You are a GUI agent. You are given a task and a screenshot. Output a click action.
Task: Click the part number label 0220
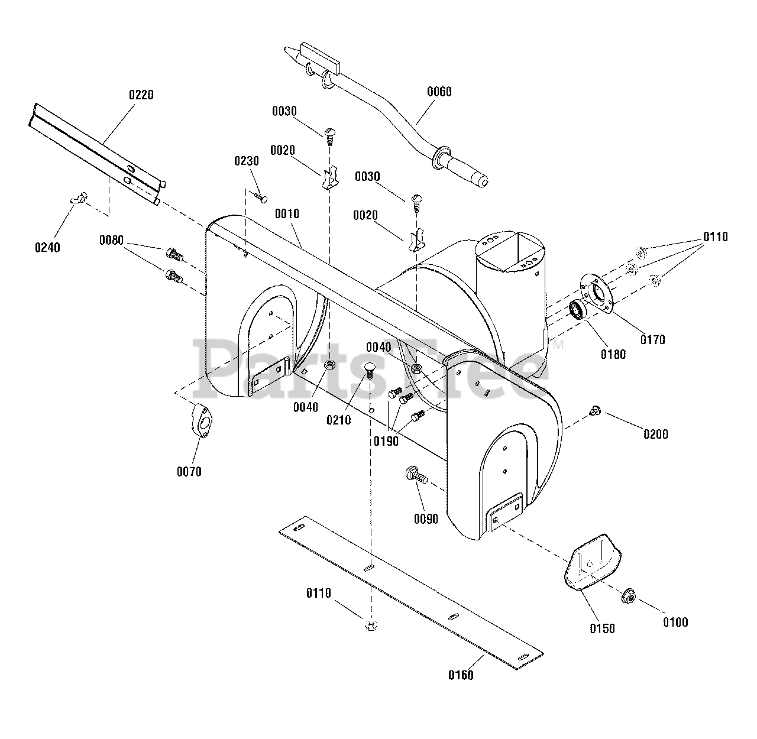point(141,95)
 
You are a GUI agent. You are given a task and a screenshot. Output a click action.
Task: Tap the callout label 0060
point(439,92)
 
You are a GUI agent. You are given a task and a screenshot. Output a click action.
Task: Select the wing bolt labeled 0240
point(79,199)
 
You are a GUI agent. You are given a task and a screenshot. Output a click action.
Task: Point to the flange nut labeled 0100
point(628,598)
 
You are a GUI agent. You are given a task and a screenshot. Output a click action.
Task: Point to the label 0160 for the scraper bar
point(460,675)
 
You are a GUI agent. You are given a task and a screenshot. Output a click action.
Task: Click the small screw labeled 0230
point(259,196)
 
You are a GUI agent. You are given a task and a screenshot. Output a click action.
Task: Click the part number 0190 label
point(385,441)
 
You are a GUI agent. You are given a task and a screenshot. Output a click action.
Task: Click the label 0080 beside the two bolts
point(111,240)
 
